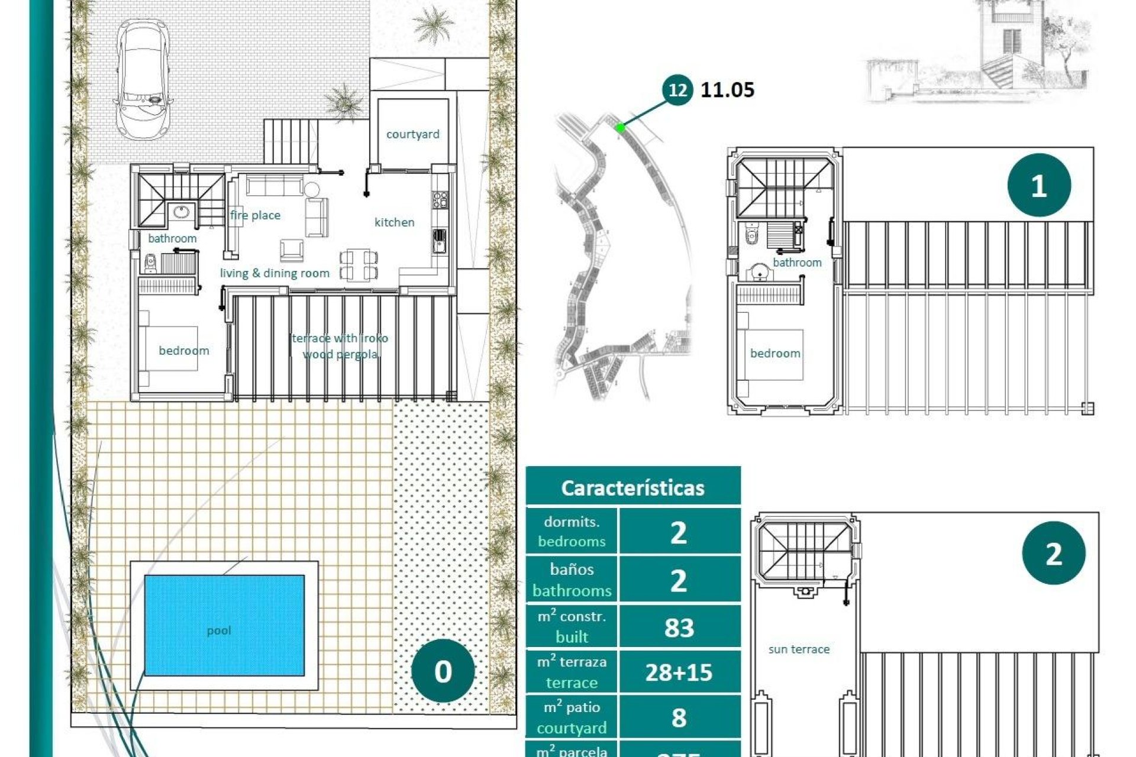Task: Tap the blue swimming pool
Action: pos(224,625)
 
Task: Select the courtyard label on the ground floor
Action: pos(412,134)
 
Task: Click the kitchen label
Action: pos(394,222)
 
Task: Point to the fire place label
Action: pos(255,215)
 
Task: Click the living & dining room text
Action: pos(275,273)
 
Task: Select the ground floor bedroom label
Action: pos(183,351)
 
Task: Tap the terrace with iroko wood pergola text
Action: pos(340,346)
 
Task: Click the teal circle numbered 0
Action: pos(443,671)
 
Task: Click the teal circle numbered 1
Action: pos(1038,186)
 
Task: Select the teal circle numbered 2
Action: pos(1053,554)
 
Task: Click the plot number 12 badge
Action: pos(677,90)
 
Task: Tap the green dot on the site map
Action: pos(620,127)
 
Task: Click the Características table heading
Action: pos(632,488)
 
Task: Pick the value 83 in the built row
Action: pos(679,627)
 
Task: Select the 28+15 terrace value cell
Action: pos(679,672)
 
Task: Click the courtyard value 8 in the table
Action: pos(679,717)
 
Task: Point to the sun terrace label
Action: pos(799,649)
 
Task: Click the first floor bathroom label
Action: pos(797,263)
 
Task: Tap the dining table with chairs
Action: pos(359,264)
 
